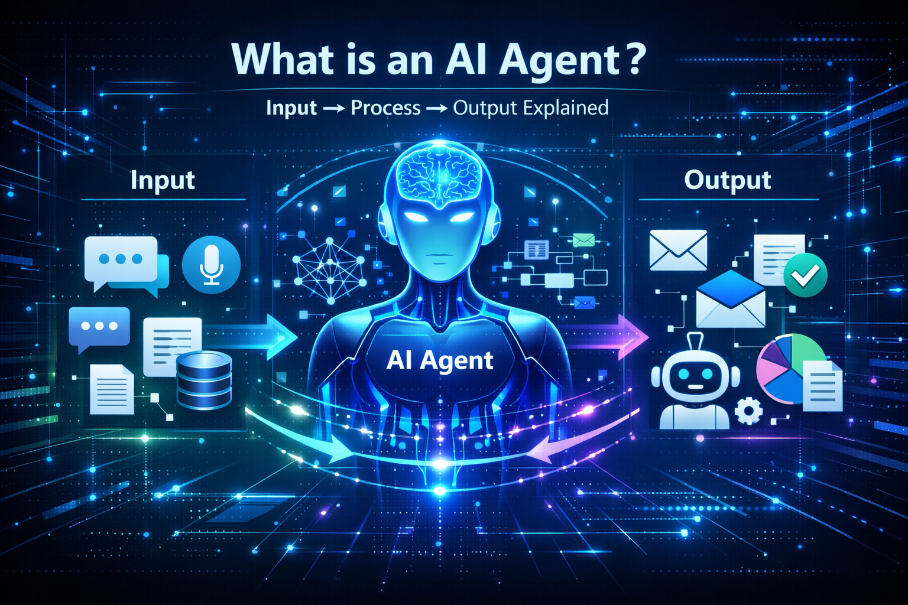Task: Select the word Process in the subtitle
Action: pos(385,108)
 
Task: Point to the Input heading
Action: pos(163,180)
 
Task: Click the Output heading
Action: pos(727,180)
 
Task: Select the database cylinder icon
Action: pos(204,380)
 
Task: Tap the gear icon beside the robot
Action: pos(749,410)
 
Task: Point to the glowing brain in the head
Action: pos(439,174)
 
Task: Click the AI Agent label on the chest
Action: pos(440,360)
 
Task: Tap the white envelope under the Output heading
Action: pos(678,250)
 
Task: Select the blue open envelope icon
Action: pos(731,300)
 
